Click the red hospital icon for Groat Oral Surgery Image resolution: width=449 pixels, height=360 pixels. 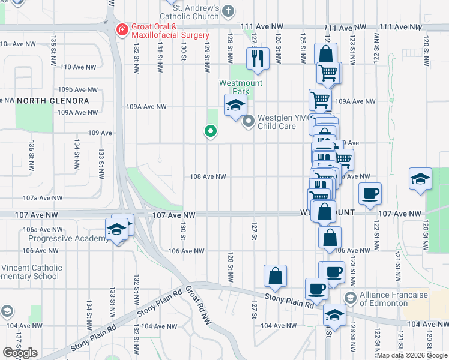coord(122,29)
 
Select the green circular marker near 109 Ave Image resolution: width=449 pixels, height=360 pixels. coord(210,130)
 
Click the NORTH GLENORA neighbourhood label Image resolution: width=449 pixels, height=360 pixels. coord(53,100)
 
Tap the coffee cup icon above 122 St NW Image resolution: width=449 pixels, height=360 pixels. coord(370,194)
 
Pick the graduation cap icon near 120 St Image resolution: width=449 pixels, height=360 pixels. coord(420,179)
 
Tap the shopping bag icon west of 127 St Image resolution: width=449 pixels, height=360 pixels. coord(275,276)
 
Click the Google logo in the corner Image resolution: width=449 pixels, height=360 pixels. coord(20,352)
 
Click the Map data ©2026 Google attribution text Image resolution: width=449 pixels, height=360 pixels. coord(411,355)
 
